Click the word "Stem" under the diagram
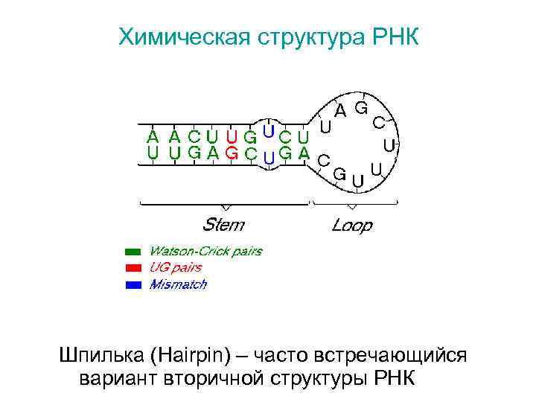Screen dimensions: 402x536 [x=223, y=224]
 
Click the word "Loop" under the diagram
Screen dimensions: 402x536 [x=351, y=224]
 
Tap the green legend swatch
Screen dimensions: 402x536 [x=133, y=252]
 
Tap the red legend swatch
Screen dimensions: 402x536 [x=133, y=268]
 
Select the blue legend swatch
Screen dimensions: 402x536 [x=133, y=284]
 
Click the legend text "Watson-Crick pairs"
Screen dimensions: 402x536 [x=205, y=252]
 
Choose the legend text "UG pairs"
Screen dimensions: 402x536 [x=176, y=268]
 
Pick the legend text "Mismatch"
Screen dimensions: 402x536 [x=178, y=284]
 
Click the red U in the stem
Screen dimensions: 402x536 [x=232, y=137]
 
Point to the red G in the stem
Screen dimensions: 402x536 [x=232, y=153]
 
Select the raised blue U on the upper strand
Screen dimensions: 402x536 [x=269, y=129]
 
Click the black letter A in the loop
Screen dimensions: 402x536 [x=339, y=112]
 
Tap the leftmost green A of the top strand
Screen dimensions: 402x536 [x=153, y=137]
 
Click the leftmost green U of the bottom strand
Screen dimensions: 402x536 [x=153, y=153]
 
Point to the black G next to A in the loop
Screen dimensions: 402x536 [x=360, y=107]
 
